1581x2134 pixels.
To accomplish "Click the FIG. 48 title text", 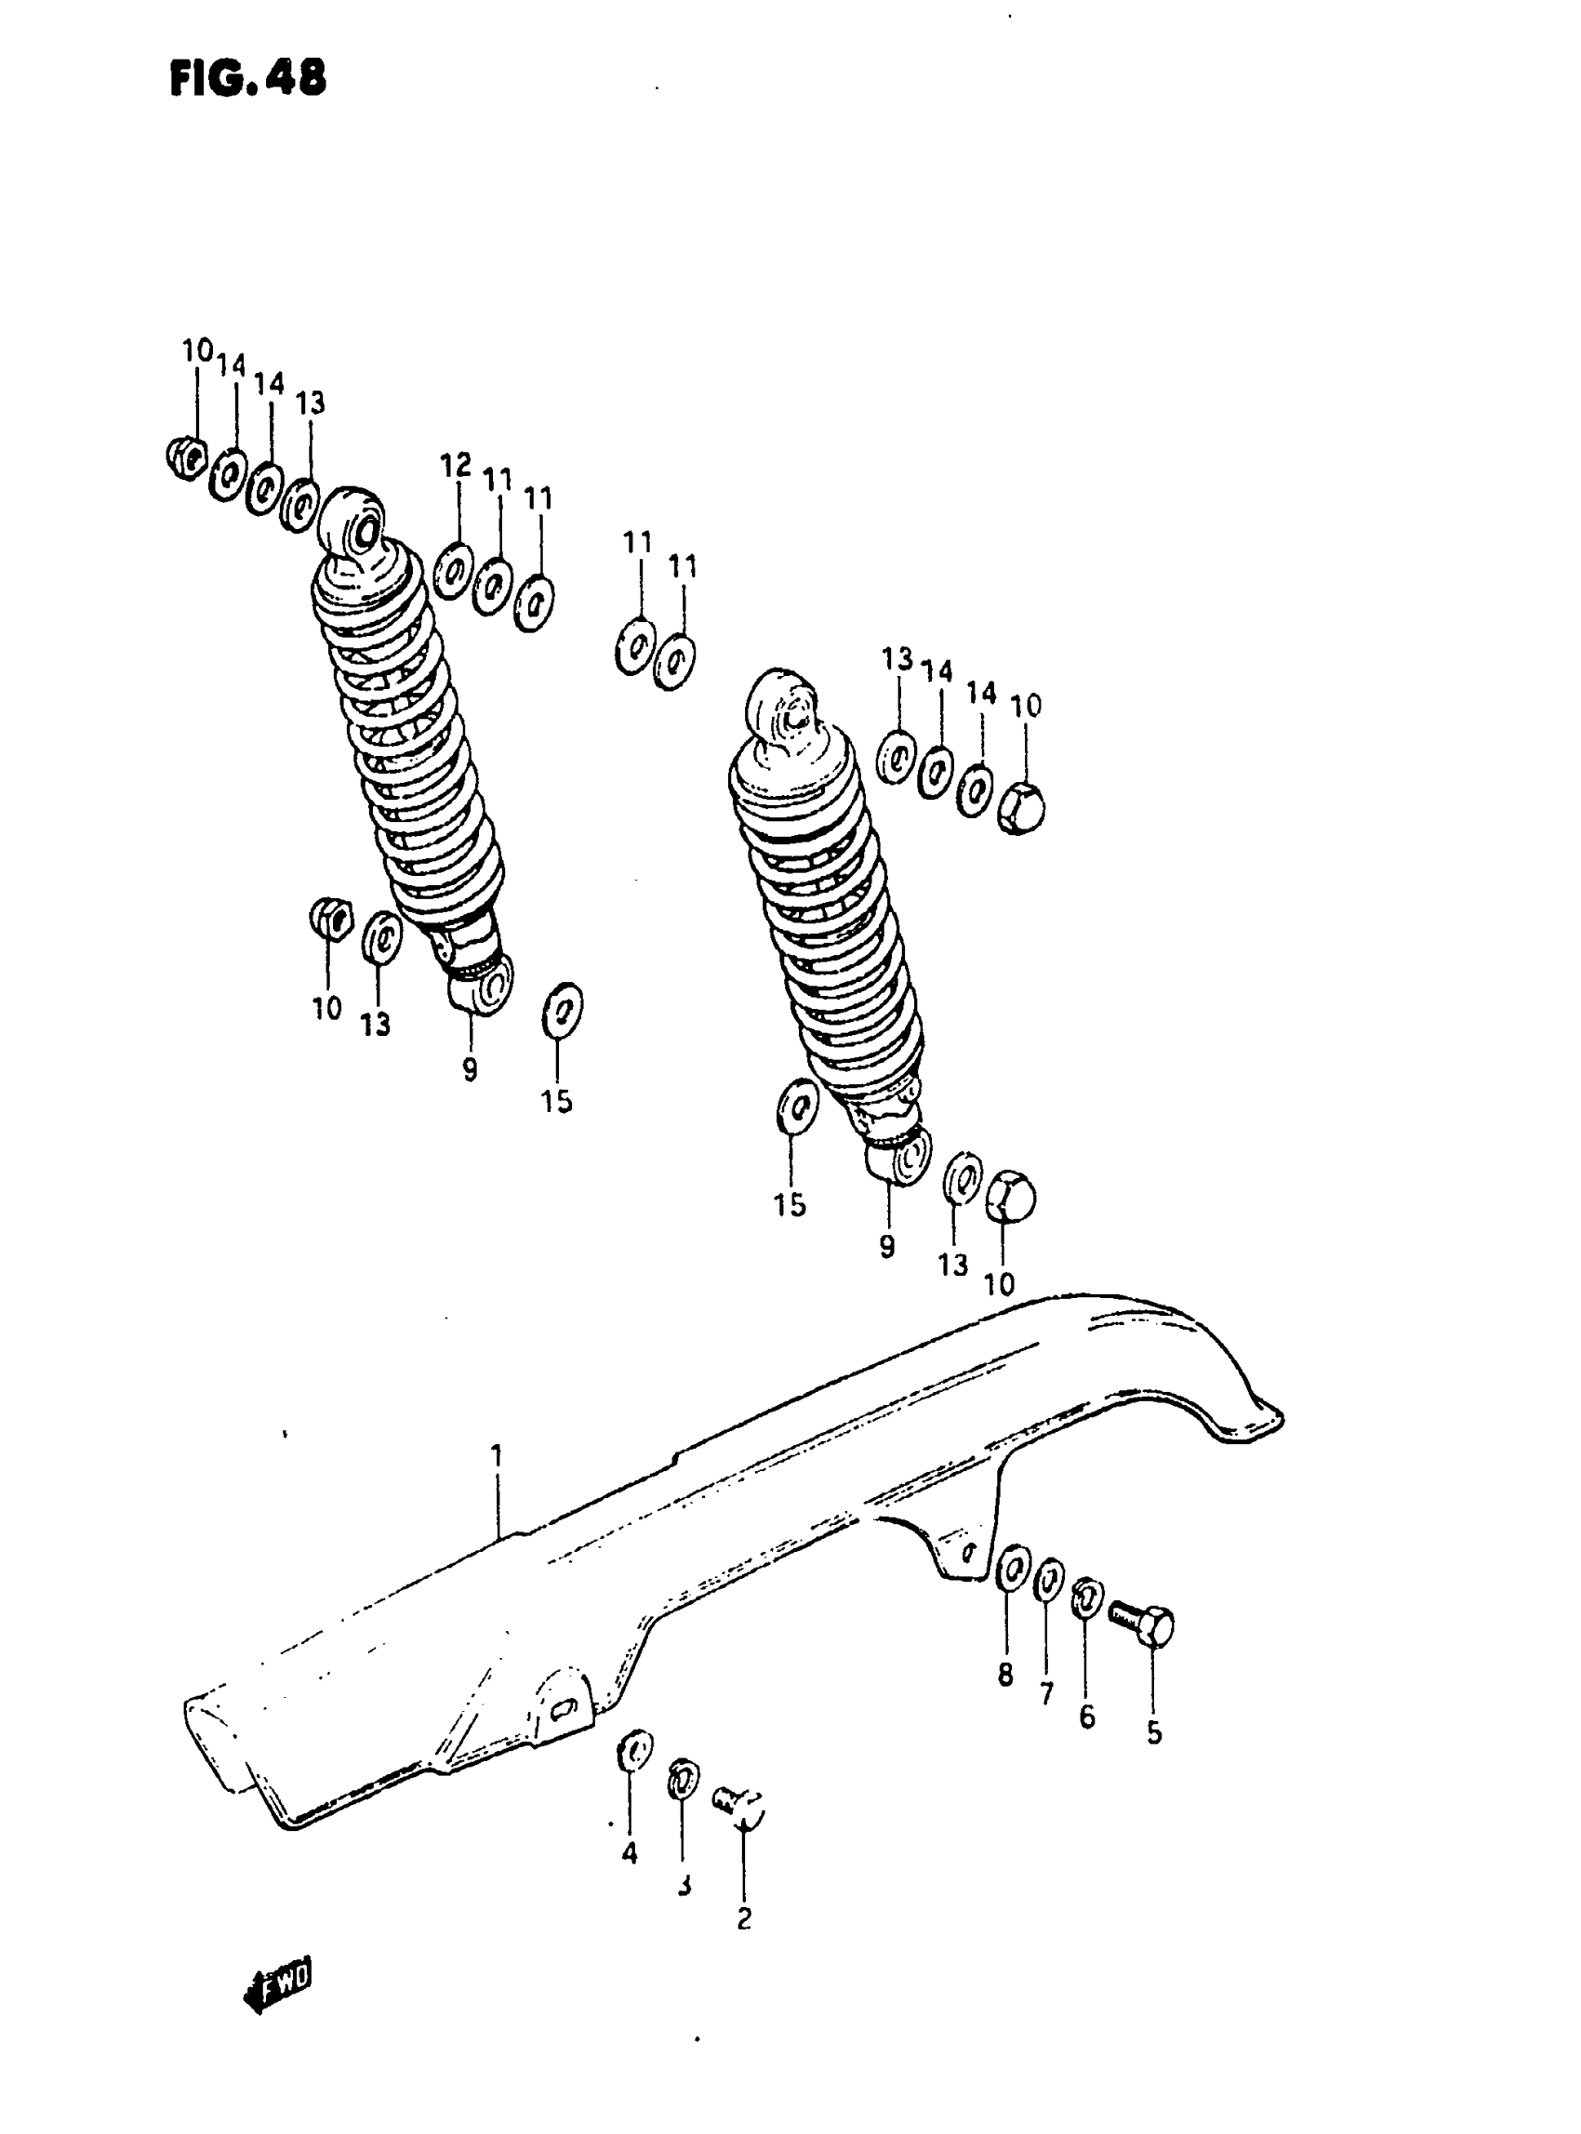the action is tap(248, 78).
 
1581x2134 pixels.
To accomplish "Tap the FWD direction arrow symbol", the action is tap(278, 1995).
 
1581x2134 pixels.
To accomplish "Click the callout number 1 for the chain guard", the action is tap(497, 1458).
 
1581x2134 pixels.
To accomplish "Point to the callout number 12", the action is tap(456, 466).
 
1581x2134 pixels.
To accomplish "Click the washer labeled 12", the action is tap(453, 571).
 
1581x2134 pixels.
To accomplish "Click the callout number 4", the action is tap(629, 1853).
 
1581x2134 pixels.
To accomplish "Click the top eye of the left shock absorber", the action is tap(356, 522).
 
